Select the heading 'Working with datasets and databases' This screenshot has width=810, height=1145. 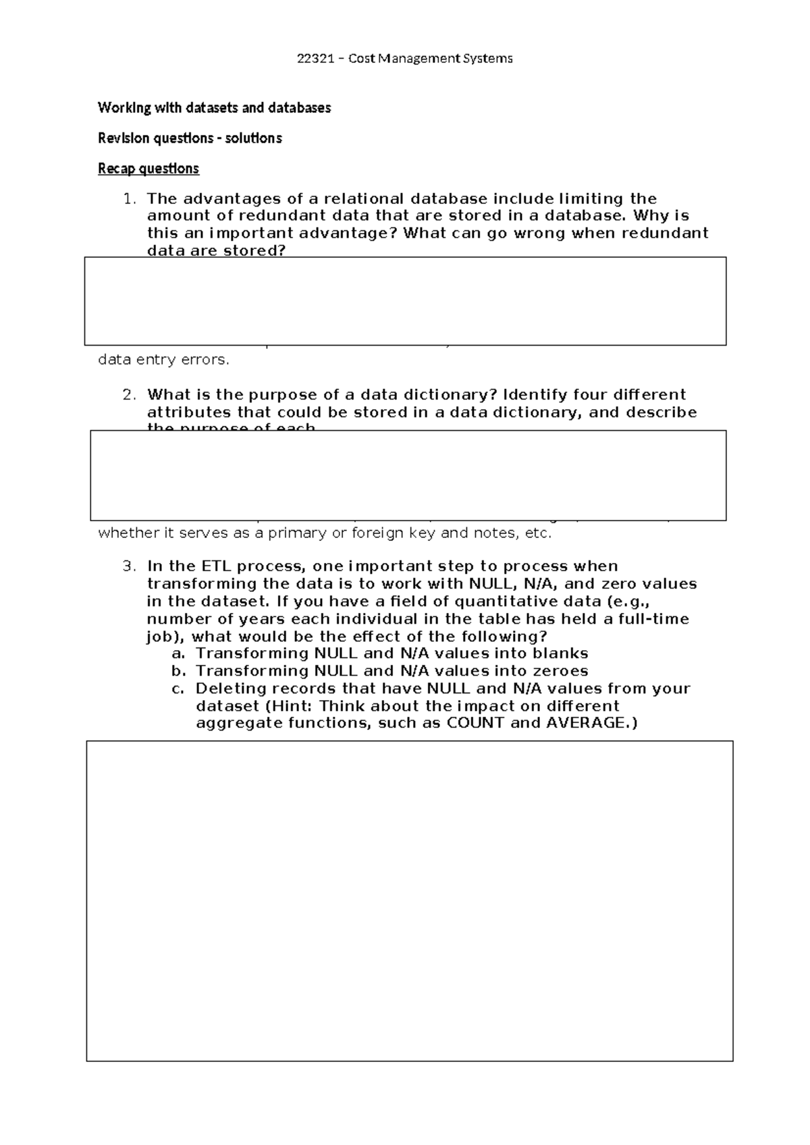pos(214,108)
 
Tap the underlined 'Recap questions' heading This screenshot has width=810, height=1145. pos(148,169)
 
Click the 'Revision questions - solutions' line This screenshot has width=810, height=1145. pos(190,138)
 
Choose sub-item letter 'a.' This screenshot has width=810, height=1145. pos(178,654)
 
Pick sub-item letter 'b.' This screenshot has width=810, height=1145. pos(178,671)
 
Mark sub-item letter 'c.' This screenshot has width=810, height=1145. pos(178,689)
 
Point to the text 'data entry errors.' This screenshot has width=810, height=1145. pos(164,360)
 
